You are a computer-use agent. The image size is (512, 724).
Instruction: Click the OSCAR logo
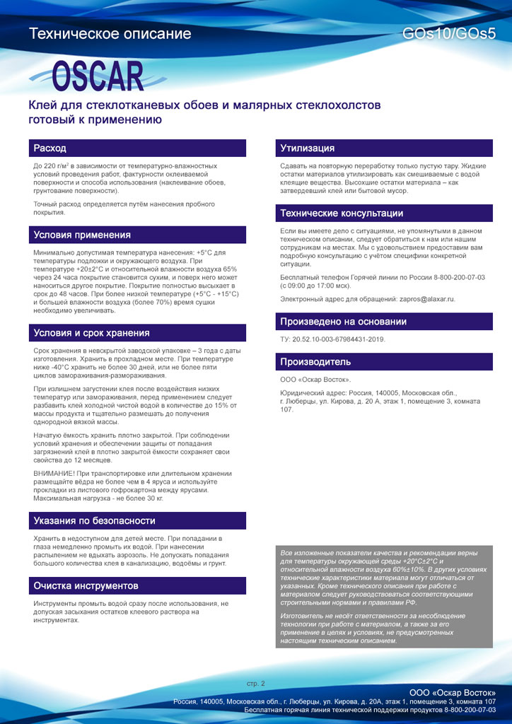(x=97, y=76)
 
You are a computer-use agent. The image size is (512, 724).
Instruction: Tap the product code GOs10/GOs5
(x=448, y=34)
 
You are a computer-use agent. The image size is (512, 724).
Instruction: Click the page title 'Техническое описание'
(x=110, y=34)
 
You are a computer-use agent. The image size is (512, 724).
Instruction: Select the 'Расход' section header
(x=50, y=148)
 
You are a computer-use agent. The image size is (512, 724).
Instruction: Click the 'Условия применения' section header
(x=82, y=235)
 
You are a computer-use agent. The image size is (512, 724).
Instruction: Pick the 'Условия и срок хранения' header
(x=91, y=333)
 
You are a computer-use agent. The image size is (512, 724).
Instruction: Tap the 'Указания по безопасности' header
(x=94, y=521)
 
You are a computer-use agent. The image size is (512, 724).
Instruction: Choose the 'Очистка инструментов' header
(x=86, y=586)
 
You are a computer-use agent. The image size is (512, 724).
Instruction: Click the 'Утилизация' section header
(x=307, y=148)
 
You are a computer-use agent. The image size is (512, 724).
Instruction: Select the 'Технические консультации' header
(x=342, y=213)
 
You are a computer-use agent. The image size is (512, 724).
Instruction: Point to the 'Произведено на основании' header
(x=343, y=322)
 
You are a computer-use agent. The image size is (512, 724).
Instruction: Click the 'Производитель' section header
(x=315, y=362)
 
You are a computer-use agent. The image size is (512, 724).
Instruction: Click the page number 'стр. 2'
(x=255, y=684)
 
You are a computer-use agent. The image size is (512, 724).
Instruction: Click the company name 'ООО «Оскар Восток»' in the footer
(x=453, y=691)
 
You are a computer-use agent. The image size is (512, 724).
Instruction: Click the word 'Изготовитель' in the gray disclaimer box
(x=303, y=616)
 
